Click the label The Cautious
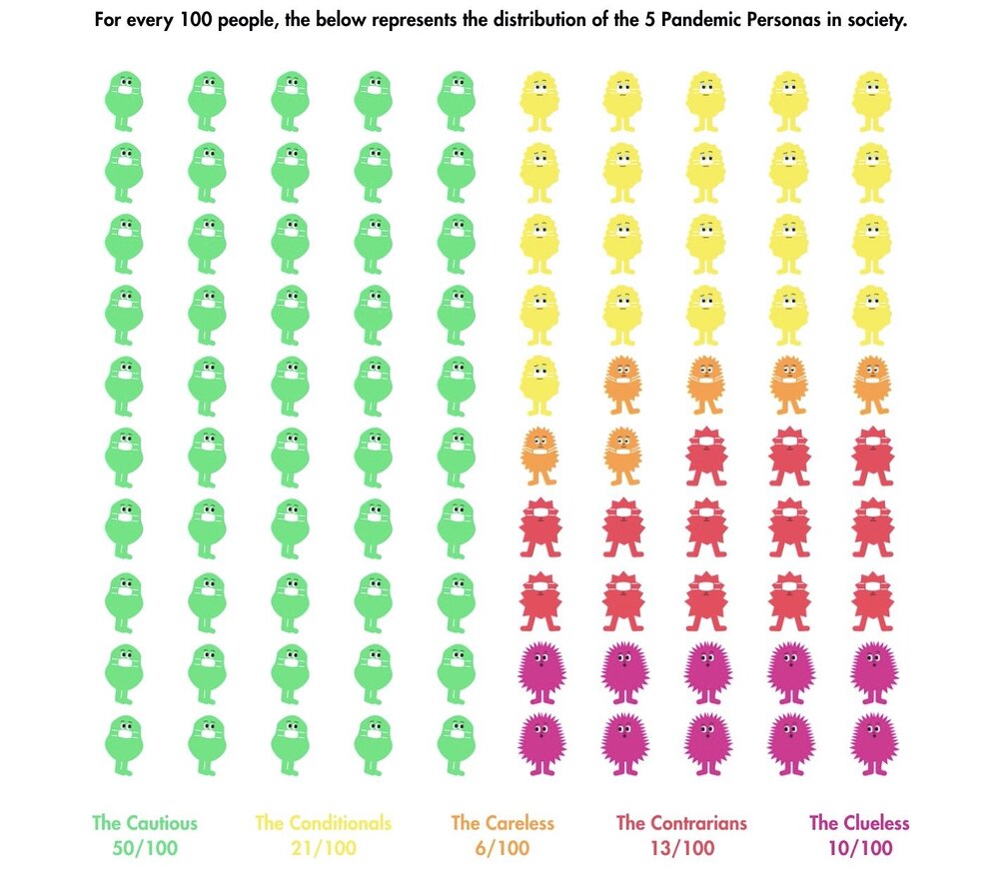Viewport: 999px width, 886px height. point(145,823)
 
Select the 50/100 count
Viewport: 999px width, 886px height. point(145,849)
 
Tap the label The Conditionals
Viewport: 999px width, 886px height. point(323,823)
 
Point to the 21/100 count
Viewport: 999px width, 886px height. point(323,849)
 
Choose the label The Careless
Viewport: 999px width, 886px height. point(502,823)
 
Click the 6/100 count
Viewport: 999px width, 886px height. point(502,849)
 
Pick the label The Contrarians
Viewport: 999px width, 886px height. point(681,823)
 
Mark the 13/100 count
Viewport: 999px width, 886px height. point(681,849)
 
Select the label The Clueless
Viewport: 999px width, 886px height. point(859,823)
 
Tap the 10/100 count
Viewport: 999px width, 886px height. point(859,849)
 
